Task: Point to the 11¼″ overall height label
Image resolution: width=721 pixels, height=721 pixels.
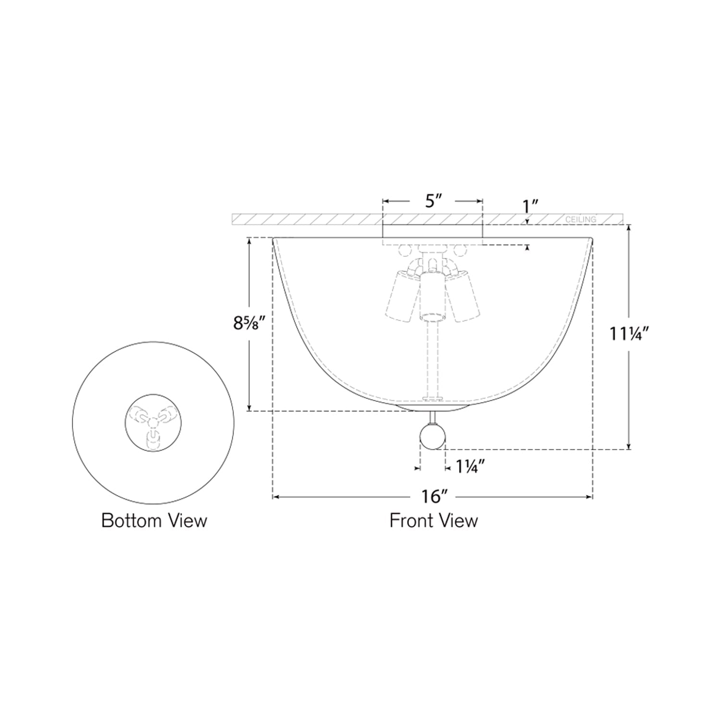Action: tap(630, 333)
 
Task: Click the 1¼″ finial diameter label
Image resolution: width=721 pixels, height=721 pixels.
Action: tap(470, 466)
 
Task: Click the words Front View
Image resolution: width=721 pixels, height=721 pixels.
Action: tap(434, 521)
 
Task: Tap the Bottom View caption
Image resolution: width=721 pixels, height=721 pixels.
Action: tap(154, 521)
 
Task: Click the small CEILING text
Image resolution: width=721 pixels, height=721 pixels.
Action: tap(581, 219)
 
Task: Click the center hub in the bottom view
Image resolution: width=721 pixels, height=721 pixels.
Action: tap(153, 422)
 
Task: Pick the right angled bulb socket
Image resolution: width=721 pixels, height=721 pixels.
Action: tap(464, 295)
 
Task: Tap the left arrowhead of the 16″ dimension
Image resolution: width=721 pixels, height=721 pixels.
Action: tap(276, 497)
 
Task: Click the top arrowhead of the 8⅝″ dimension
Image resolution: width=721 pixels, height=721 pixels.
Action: tap(249, 242)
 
